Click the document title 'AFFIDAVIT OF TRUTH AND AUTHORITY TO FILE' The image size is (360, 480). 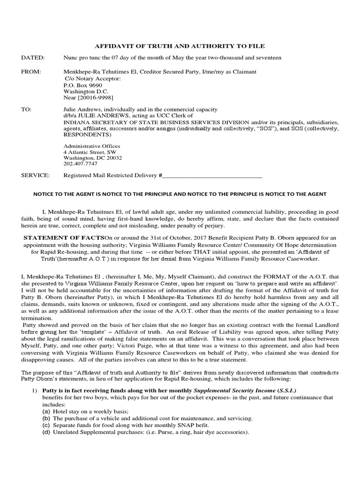(180, 46)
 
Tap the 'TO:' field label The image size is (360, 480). (27, 109)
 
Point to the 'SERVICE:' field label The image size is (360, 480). (36, 176)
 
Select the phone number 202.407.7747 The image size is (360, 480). (80, 164)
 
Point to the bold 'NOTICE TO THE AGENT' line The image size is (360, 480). (180, 194)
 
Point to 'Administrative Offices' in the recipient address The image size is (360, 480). (91, 146)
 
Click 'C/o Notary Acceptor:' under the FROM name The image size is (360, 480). (92, 79)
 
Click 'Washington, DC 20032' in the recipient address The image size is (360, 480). (92, 158)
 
